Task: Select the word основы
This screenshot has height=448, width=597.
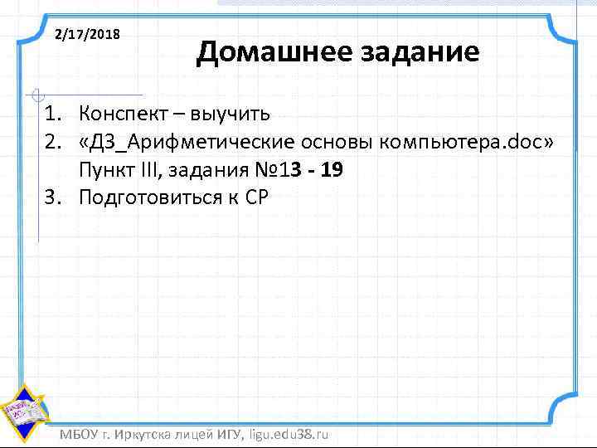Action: point(323,142)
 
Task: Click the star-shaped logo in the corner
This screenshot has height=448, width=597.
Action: point(23,411)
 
